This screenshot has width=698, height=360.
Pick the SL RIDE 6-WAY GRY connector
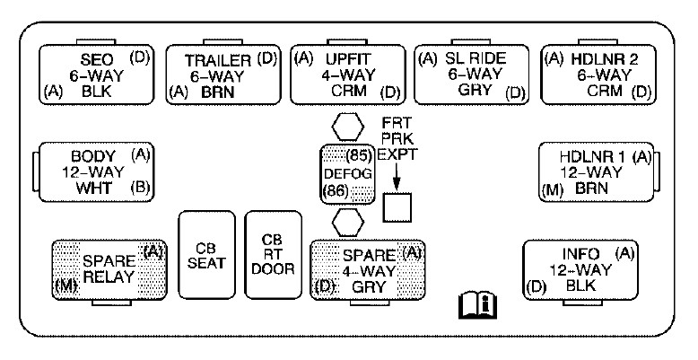point(474,75)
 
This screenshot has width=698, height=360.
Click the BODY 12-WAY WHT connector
point(94,171)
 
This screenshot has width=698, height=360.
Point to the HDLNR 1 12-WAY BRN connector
point(595,171)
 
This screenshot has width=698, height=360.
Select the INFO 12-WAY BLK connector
point(582,268)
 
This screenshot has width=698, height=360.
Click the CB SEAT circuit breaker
point(207,256)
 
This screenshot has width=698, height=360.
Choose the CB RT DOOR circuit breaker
point(273,256)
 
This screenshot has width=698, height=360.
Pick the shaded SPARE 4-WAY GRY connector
point(366,268)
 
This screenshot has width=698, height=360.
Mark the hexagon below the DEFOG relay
point(347,219)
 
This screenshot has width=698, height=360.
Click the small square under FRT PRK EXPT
point(397,207)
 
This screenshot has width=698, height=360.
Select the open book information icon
point(477,307)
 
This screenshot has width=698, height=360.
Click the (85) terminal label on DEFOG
point(358,154)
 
